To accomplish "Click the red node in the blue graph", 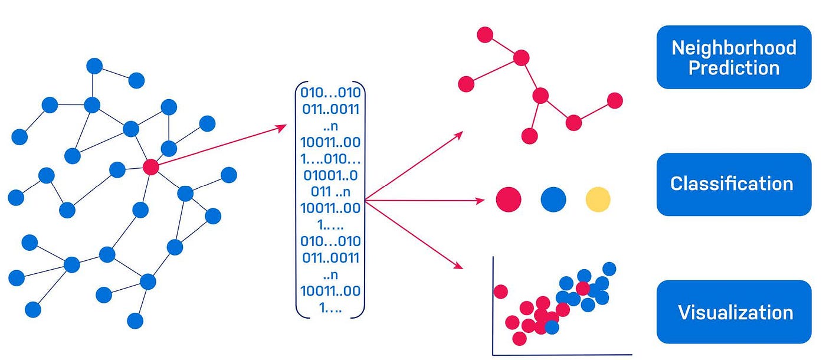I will pos(151,167).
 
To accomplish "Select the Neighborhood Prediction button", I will pos(733,57).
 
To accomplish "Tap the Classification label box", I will pos(733,184).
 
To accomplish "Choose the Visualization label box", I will pos(733,312).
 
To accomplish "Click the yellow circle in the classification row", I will pos(598,199).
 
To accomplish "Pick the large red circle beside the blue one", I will pos(509,199).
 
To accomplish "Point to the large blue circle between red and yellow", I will pos(553,199).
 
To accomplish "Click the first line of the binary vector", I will pos(330,93).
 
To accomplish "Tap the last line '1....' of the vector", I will pos(330,307).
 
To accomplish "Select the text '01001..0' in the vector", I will pos(330,175).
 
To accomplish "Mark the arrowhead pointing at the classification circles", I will pos(481,201).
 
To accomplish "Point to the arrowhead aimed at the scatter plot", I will pos(460,267).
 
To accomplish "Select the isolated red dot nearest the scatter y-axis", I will pos(500,292).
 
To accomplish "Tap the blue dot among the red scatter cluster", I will pos(552,326).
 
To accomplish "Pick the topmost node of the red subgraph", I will pos(485,35).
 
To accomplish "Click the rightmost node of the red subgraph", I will pos(615,100).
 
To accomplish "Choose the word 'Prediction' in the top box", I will pos(733,68).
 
